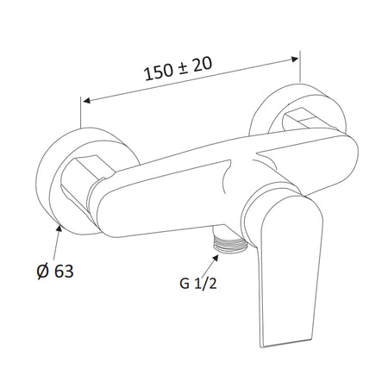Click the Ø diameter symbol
42,272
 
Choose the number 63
64,272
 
